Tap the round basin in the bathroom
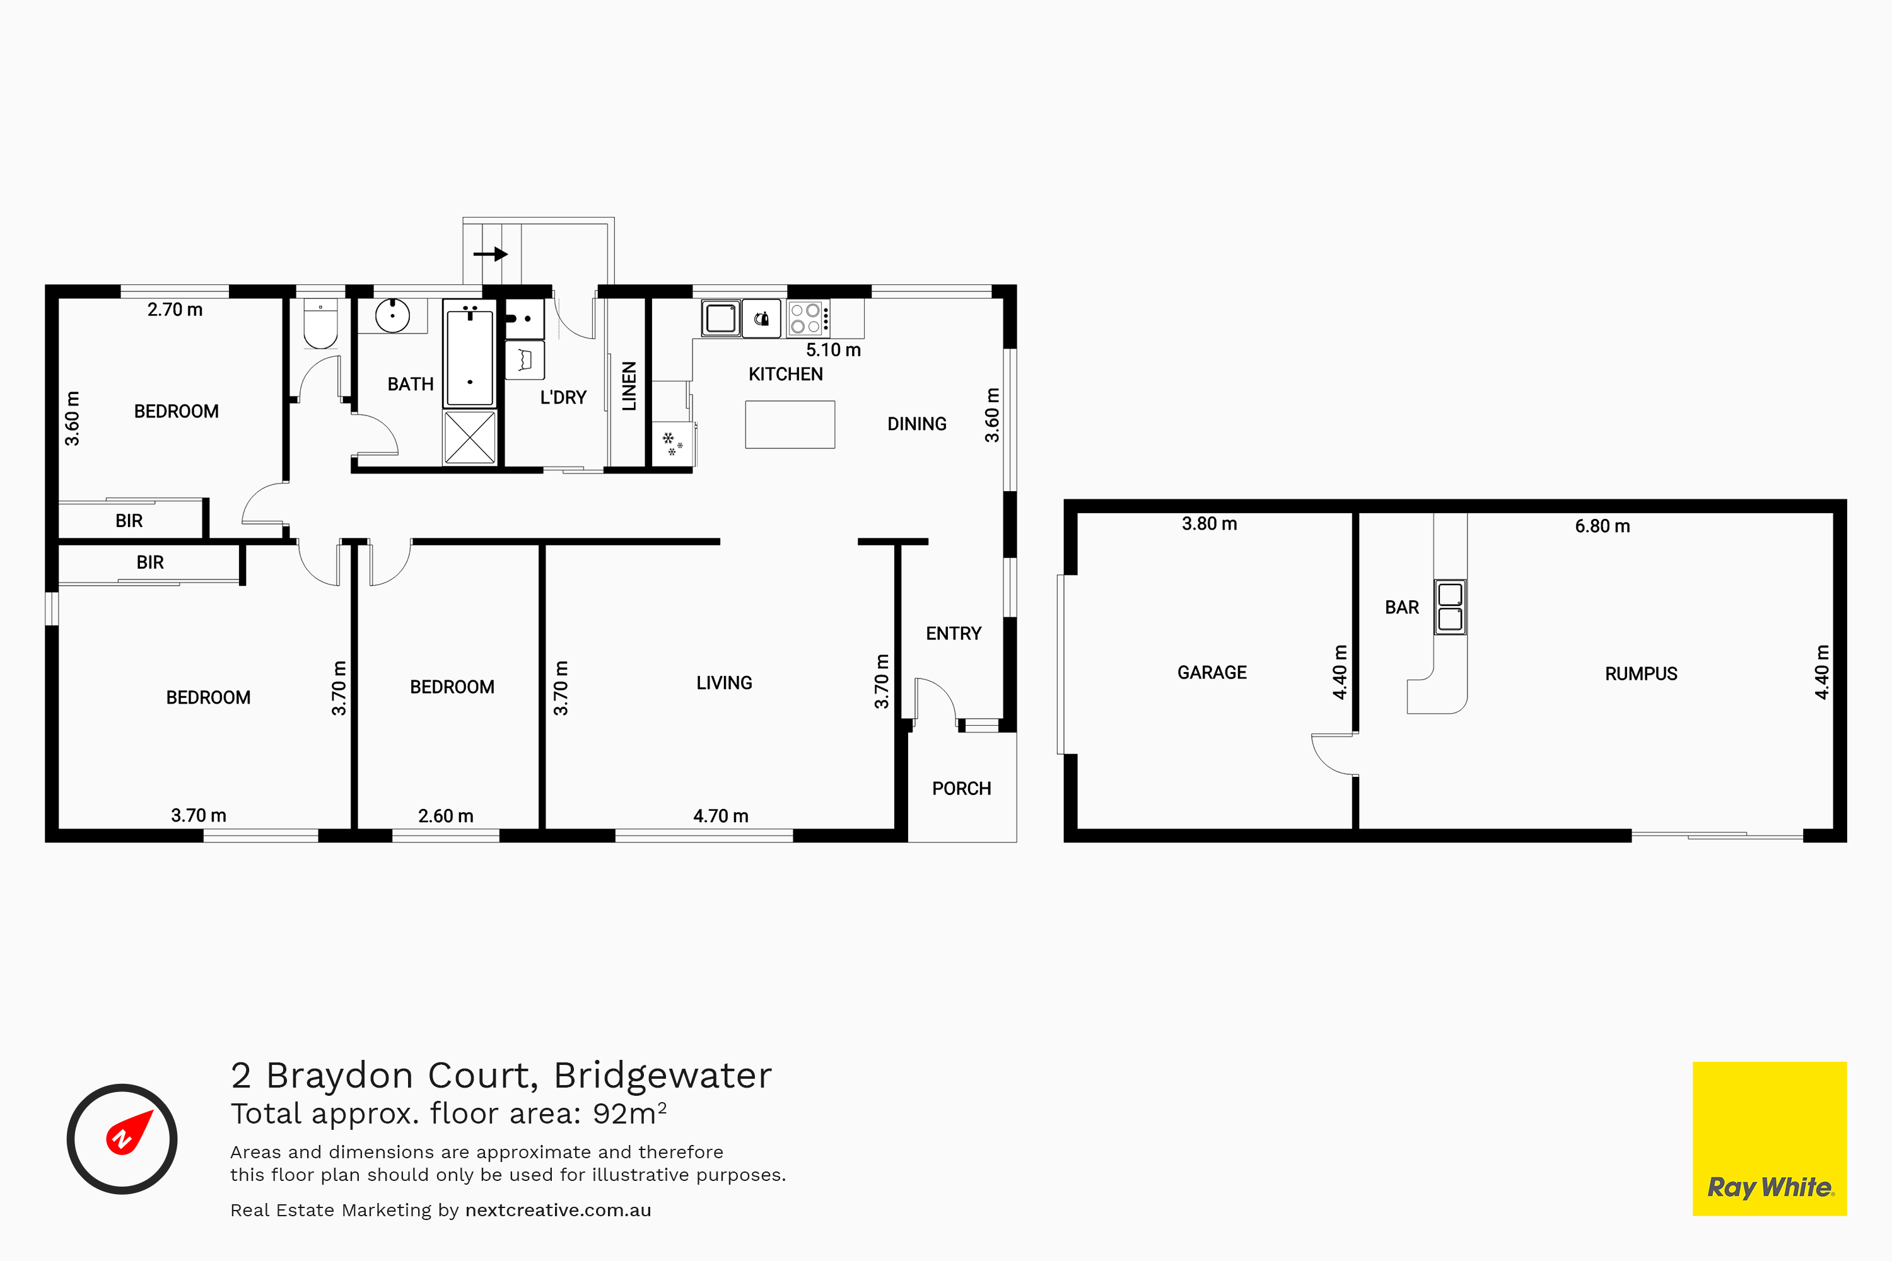click(392, 315)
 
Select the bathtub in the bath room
click(470, 354)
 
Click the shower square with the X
click(470, 438)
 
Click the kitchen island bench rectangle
click(790, 424)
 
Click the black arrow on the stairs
click(491, 254)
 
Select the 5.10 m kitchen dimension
click(833, 350)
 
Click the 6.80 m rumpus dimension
click(1603, 526)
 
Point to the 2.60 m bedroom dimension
click(446, 815)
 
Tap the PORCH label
click(961, 788)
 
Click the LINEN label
click(629, 386)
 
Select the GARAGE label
click(1212, 672)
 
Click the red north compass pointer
click(129, 1132)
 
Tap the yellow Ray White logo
click(1770, 1139)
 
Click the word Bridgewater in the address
click(663, 1075)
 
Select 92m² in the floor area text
click(630, 1113)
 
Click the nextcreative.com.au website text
click(558, 1211)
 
